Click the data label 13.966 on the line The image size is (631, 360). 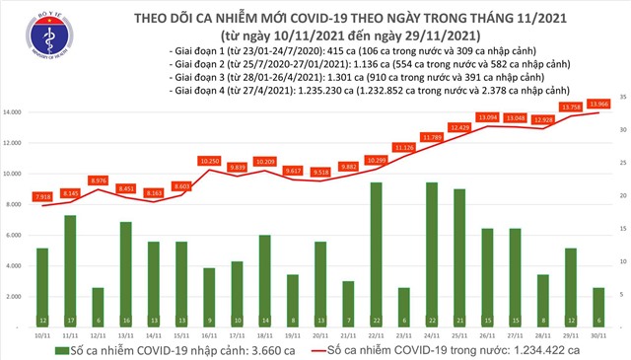tap(597, 104)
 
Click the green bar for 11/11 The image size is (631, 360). tap(70, 266)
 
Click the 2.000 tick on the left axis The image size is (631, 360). tap(16, 296)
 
